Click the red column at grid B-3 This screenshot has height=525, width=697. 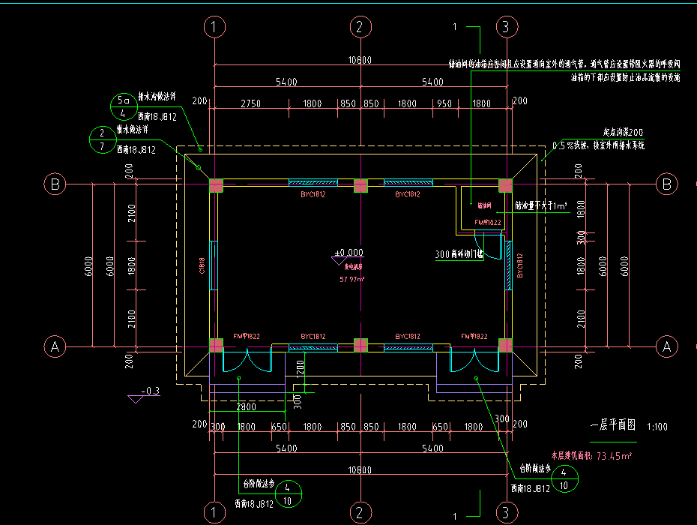[x=505, y=185]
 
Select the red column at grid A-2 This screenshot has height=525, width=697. [x=360, y=345]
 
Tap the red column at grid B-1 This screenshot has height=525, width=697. [x=216, y=185]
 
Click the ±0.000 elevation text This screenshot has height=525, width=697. [x=348, y=253]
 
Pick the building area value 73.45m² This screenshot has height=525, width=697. [x=613, y=455]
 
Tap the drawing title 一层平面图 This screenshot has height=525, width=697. [x=612, y=424]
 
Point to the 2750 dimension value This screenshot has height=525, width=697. [x=250, y=103]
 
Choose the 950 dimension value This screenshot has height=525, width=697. [x=444, y=103]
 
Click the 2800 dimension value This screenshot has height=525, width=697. [x=246, y=407]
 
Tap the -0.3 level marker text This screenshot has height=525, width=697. [x=152, y=391]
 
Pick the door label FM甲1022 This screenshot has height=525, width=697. [x=488, y=223]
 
